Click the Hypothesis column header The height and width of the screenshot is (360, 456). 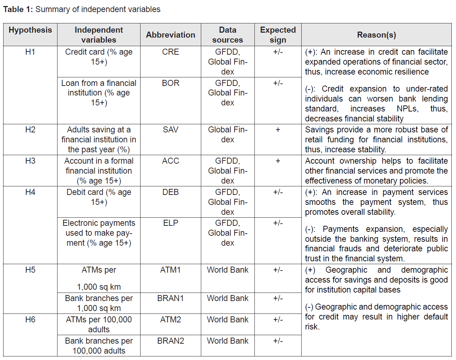30,30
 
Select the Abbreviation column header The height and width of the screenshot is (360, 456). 170,35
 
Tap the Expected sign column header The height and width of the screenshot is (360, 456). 278,35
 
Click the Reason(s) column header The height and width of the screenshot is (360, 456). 376,35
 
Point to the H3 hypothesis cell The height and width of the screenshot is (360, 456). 30,161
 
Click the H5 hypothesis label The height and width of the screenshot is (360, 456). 30,270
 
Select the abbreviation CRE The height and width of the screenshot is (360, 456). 170,52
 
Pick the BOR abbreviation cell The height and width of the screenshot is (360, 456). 170,83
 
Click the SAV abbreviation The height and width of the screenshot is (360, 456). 170,130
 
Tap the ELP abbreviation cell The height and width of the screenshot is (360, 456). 170,223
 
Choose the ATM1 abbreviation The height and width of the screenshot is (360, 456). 170,270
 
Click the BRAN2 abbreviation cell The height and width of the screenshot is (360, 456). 170,341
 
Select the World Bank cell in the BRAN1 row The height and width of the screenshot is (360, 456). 227,298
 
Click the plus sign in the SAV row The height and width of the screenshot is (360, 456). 278,130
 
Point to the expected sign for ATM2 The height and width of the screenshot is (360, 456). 278,320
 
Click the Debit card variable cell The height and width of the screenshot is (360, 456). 99,197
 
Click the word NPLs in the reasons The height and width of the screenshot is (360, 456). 407,109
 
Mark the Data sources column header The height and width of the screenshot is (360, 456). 227,35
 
